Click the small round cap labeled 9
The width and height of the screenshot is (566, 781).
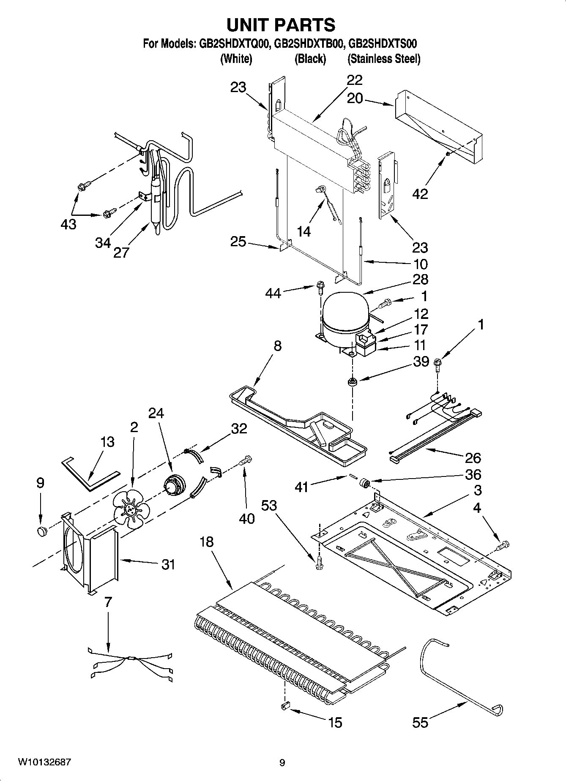click(x=41, y=531)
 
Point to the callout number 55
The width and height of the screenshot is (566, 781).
click(x=420, y=723)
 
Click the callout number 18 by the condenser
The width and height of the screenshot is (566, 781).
click(x=206, y=542)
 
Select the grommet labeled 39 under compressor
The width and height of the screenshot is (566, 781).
click(x=352, y=383)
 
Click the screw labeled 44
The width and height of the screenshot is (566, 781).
click(x=320, y=288)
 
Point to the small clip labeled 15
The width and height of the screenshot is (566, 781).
click(x=284, y=705)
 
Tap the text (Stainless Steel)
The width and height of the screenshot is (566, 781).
click(x=383, y=59)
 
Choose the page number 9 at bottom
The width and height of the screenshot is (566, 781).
click(x=282, y=763)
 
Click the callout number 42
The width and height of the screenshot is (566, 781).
click(x=420, y=194)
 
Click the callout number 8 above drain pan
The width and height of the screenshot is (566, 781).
click(x=277, y=346)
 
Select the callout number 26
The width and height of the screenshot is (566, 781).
click(x=473, y=457)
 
